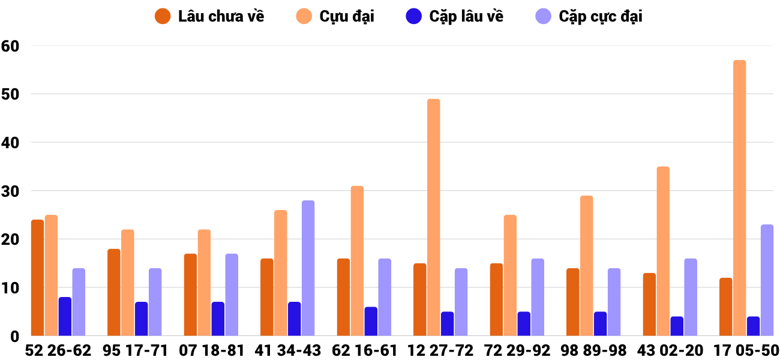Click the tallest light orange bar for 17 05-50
pos(739,198)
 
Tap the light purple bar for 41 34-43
pos(308,268)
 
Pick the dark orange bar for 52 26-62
pos(37,278)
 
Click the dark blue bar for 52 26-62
pos(65,316)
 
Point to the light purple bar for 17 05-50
pos(767,280)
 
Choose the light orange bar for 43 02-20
pos(663,251)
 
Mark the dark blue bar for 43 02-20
pos(677,326)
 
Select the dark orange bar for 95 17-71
pos(114,292)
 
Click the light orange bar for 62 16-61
pos(357,261)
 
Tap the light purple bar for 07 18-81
pos(232,295)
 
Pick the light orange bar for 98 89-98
pos(586,266)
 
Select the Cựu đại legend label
pos(346,16)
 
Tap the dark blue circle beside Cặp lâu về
pos(414,16)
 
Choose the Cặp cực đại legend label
pos(600,16)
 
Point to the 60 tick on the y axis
pos(11,46)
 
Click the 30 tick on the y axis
pos(11,191)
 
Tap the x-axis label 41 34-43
pos(288,350)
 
